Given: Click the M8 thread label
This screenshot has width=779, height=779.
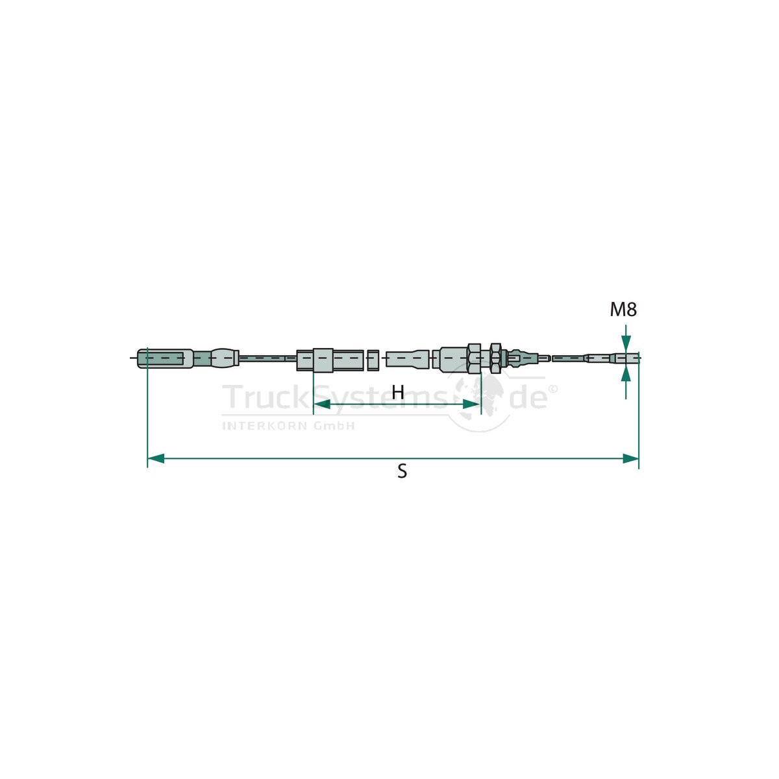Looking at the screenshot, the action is tap(623, 310).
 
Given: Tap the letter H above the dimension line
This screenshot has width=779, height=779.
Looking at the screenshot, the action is tap(398, 391).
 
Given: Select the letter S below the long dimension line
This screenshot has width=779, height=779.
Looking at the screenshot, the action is tap(402, 471).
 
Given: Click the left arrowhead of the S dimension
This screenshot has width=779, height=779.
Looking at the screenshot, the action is tap(156, 458).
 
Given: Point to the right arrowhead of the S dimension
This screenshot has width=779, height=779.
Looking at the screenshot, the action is tap(630, 458).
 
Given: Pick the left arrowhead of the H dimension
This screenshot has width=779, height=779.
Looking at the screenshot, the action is tap(322, 404).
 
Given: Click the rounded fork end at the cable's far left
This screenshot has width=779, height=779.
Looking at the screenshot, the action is tap(165, 358).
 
